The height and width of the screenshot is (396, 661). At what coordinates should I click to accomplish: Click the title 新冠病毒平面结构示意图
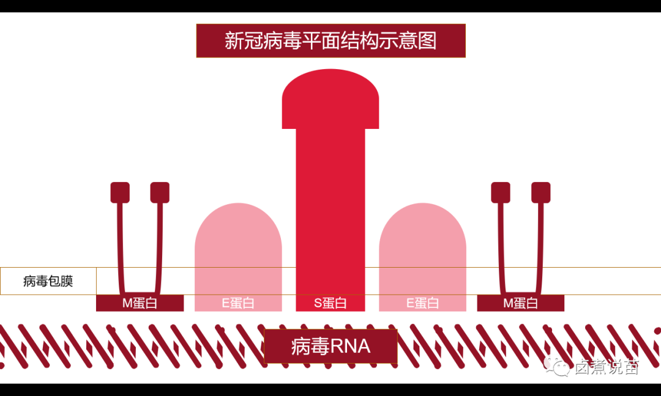(330, 41)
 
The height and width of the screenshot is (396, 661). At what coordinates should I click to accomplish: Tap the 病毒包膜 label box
(48, 281)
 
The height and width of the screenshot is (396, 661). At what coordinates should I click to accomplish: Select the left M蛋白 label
(140, 303)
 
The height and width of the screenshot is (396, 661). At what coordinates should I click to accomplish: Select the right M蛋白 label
(520, 303)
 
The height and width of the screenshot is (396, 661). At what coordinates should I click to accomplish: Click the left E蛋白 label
(238, 303)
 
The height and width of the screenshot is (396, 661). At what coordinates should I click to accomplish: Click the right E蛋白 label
(422, 303)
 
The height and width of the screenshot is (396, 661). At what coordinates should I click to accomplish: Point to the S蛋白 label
(330, 303)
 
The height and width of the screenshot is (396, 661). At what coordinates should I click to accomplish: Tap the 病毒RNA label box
(330, 346)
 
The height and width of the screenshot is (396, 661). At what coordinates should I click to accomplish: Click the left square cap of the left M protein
(120, 193)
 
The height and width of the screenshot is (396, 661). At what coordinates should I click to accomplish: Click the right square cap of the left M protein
(160, 193)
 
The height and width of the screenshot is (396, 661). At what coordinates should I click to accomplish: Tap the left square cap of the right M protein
(501, 193)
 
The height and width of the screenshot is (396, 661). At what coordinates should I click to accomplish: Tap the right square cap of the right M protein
(540, 193)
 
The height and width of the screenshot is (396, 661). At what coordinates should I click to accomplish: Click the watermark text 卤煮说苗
(607, 367)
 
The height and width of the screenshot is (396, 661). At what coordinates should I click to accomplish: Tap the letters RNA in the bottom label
(350, 346)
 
